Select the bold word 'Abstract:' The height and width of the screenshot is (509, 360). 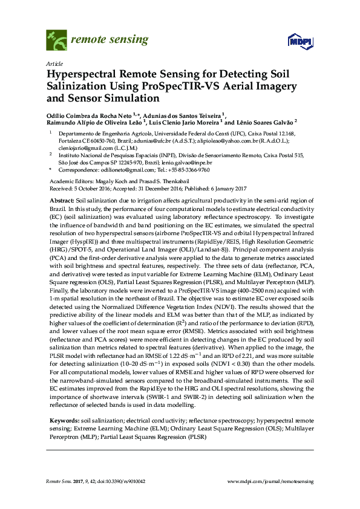tap(61, 200)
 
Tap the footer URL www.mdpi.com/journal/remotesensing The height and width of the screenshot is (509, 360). tap(270, 481)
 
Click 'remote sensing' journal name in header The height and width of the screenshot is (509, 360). tap(110, 41)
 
